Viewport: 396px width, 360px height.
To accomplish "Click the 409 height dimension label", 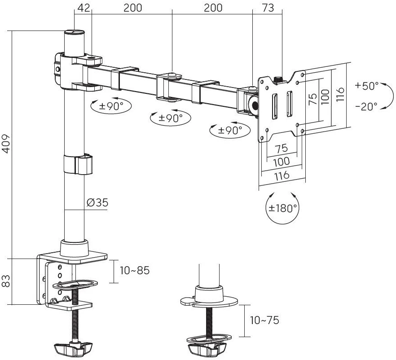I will click(6, 143).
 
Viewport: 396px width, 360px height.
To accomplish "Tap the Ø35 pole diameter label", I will click(97, 202).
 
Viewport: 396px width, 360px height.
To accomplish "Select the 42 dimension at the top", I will click(83, 8).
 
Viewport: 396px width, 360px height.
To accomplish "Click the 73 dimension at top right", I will click(268, 8).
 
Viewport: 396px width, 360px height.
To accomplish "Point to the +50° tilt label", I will click(366, 85).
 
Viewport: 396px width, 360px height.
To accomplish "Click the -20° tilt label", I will click(366, 106).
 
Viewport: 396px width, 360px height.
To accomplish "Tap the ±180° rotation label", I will click(283, 208).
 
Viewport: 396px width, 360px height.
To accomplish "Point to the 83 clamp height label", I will click(6, 281).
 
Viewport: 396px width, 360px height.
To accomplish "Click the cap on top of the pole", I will click(74, 32).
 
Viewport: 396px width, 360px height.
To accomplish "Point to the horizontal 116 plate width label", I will click(282, 176).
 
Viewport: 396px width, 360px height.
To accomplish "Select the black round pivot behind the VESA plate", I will click(255, 106).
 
